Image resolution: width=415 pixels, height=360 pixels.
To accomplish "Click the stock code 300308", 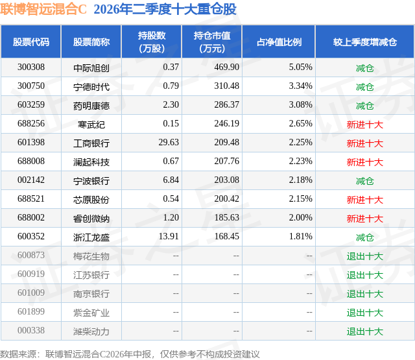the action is click(31, 67).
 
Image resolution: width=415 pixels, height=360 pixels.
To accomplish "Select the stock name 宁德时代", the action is click(91, 87).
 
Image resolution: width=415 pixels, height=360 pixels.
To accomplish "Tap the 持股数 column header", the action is click(152, 42).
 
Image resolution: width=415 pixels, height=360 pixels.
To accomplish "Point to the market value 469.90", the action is click(226, 67).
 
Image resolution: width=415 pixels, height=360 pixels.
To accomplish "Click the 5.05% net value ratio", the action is click(300, 67).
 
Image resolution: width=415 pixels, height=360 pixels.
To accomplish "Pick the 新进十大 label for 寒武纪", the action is click(364, 125).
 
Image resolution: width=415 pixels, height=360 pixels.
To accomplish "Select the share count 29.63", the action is click(169, 143).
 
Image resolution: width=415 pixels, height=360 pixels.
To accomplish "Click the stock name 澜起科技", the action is click(91, 162).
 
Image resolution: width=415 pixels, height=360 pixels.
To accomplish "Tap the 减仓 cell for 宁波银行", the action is click(364, 181).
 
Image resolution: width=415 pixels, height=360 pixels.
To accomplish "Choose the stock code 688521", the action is click(31, 198).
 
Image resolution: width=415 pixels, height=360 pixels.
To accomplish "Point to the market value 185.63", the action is click(226, 217).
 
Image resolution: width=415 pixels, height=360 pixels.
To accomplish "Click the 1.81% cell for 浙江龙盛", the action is click(300, 236).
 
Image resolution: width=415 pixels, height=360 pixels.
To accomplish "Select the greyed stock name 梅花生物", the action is click(91, 256).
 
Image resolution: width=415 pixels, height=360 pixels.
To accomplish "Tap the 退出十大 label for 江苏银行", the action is click(364, 275).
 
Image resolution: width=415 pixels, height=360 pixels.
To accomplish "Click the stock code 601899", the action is click(31, 311).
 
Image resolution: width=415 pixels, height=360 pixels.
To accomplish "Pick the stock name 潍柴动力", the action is click(91, 331).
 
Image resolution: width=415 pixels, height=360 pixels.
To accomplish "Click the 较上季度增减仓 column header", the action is click(365, 42).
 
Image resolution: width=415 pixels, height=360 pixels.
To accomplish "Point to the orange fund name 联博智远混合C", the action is click(43, 9).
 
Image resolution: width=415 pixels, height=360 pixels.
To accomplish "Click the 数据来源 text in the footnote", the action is click(18, 354).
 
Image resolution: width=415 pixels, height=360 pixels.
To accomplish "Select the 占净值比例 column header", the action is click(279, 42).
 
